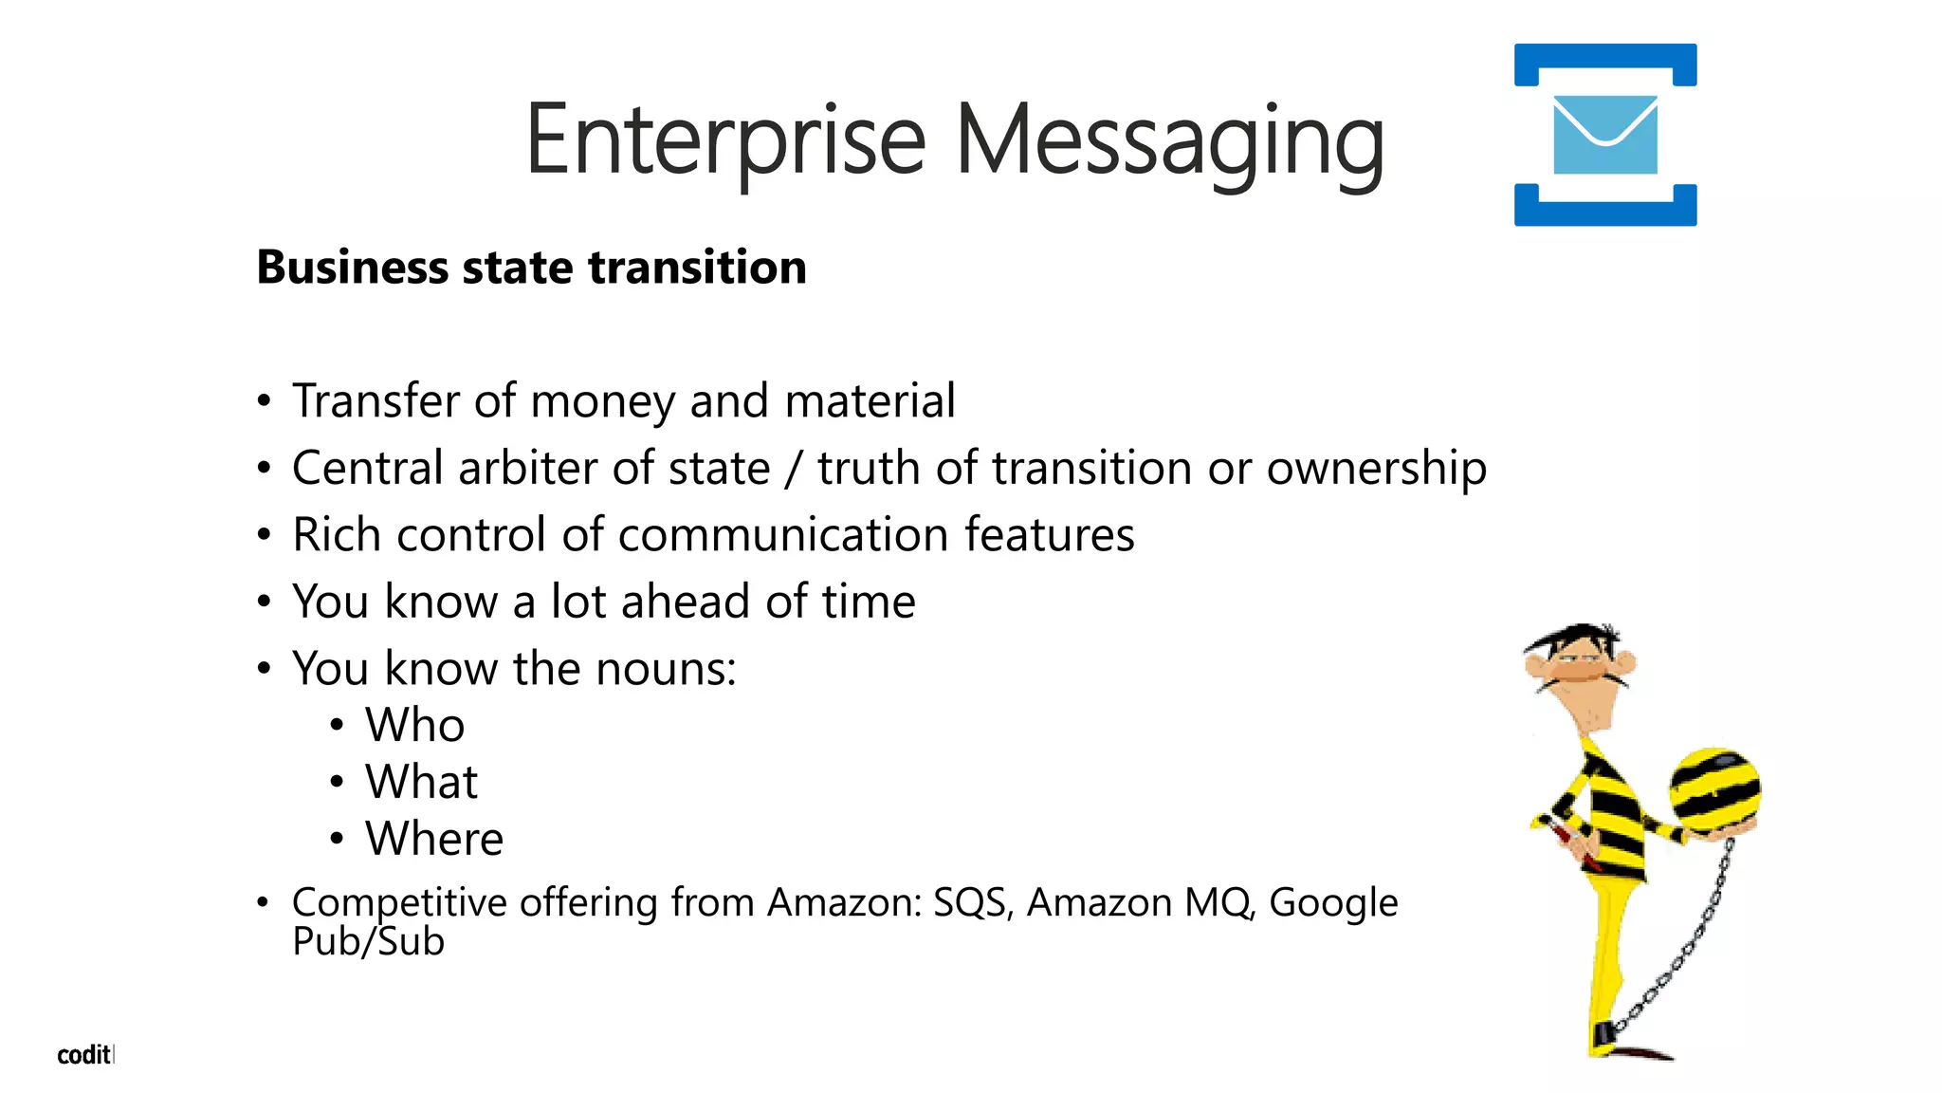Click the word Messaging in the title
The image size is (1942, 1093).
1170,142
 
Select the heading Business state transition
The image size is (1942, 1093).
531,267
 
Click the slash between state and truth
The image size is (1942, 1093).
794,469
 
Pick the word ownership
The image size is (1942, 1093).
1376,469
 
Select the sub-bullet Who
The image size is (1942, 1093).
414,726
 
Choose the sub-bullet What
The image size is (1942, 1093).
421,782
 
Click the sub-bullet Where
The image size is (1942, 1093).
434,839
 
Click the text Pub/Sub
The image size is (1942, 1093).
368,941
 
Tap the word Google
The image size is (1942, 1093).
1333,902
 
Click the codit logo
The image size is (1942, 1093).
84,1055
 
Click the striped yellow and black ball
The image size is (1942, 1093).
1715,788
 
